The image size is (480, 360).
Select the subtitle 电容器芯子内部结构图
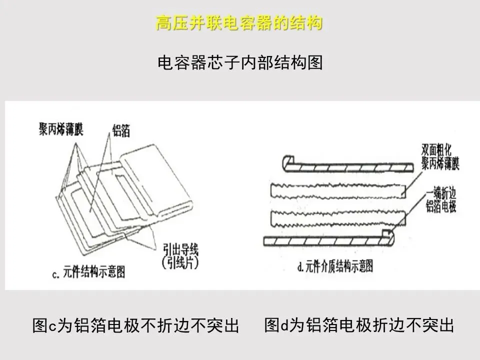point(240,63)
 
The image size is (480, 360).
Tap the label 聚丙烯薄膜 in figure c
point(61,129)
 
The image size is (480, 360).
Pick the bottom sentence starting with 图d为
point(359,325)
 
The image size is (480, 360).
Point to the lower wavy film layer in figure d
point(337,217)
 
